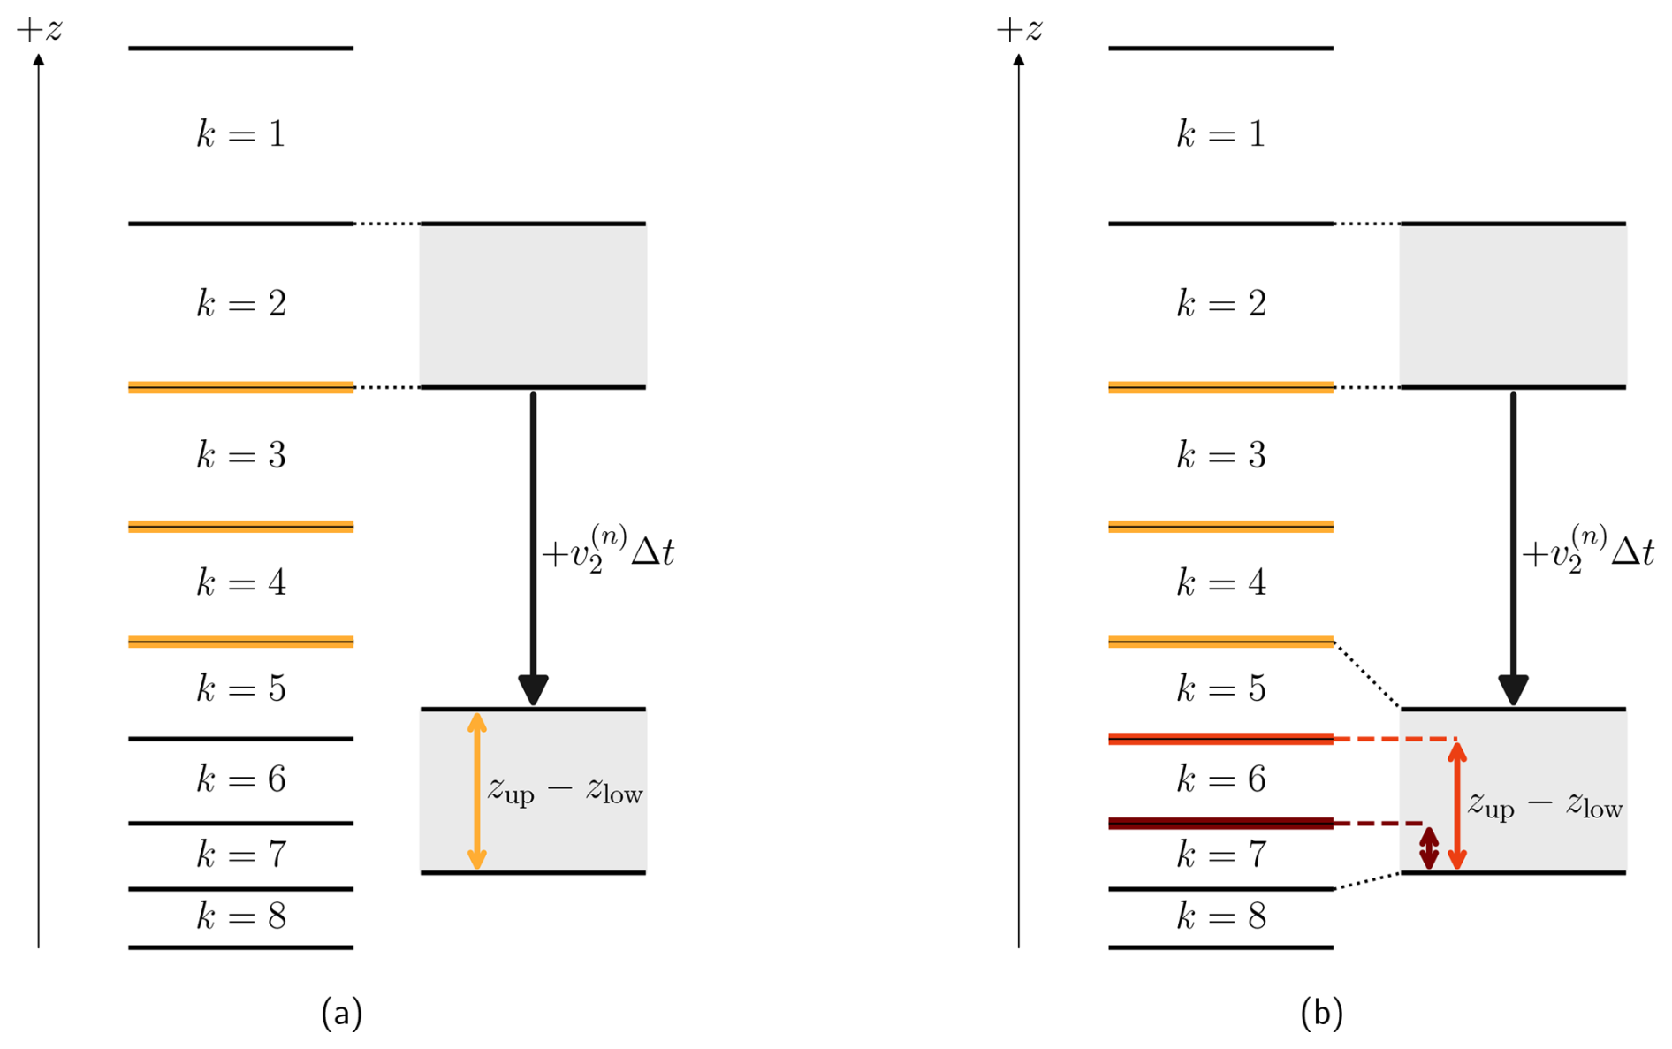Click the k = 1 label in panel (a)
pyautogui.click(x=240, y=134)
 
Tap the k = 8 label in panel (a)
pyautogui.click(x=240, y=916)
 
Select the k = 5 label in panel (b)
pyautogui.click(x=1220, y=688)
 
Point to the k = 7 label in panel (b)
pyautogui.click(x=1220, y=855)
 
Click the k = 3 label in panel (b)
pyautogui.click(x=1220, y=455)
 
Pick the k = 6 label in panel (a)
pyautogui.click(x=240, y=779)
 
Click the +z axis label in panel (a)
pyautogui.click(x=40, y=30)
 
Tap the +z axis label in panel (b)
pyautogui.click(x=1019, y=30)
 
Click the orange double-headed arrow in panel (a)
pyautogui.click(x=476, y=791)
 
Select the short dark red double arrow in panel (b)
pyautogui.click(x=1428, y=848)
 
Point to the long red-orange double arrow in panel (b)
pyautogui.click(x=1457, y=804)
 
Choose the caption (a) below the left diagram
pyautogui.click(x=342, y=1013)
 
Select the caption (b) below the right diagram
pyautogui.click(x=1321, y=1013)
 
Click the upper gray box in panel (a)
pyautogui.click(x=533, y=305)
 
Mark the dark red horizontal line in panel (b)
pyautogui.click(x=1220, y=824)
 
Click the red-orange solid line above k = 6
pyautogui.click(x=1220, y=739)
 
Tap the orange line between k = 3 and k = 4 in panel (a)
pyautogui.click(x=240, y=527)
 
